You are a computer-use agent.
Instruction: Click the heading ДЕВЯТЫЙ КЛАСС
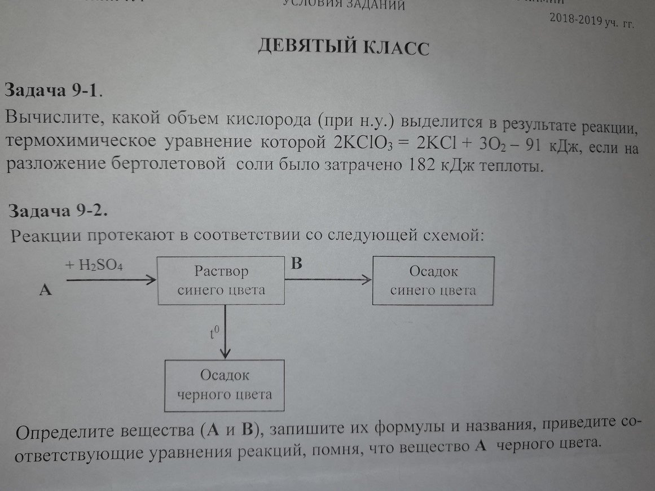click(343, 47)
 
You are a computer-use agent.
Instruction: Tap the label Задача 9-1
click(54, 90)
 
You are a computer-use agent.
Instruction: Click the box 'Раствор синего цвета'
click(221, 280)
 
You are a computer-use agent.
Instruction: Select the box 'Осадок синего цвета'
click(433, 280)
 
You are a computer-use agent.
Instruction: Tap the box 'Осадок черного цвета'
click(224, 384)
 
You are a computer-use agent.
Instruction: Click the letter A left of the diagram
click(45, 290)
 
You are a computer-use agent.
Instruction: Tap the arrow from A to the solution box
click(110, 279)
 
